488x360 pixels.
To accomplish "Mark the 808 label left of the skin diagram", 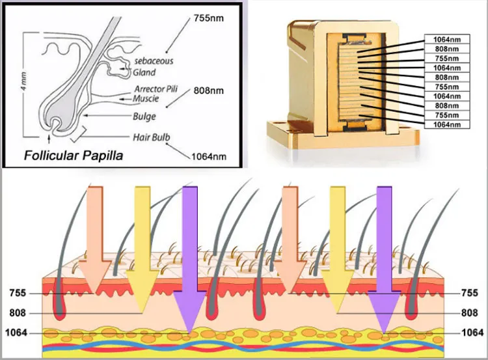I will click(x=18, y=312).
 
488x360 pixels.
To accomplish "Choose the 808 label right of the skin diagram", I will click(x=468, y=312).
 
